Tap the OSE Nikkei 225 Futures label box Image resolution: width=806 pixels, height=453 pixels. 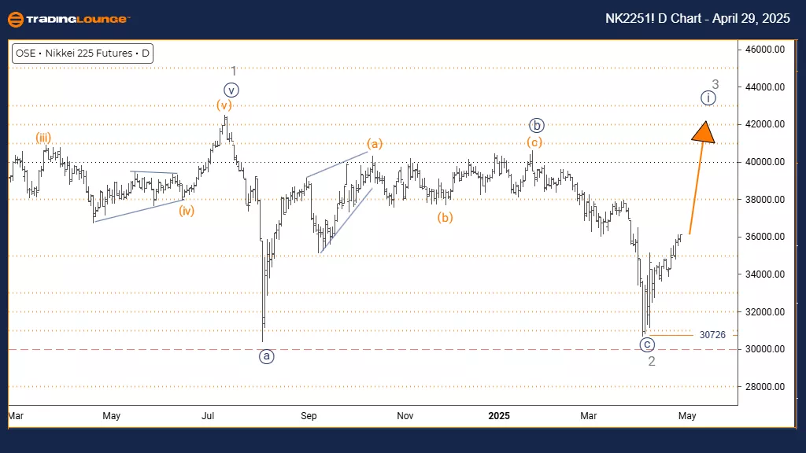[82, 54]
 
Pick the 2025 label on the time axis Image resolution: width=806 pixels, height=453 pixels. [501, 415]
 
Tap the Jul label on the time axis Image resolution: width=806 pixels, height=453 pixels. [209, 415]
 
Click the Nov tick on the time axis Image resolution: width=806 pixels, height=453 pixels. [405, 415]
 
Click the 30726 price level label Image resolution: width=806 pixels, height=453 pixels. [712, 335]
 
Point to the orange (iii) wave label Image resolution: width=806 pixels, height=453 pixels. [43, 138]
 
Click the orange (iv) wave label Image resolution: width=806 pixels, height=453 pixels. [186, 211]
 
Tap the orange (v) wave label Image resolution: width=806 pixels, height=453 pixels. [224, 105]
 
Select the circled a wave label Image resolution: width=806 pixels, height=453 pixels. [267, 356]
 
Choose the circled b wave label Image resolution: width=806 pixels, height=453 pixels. [536, 124]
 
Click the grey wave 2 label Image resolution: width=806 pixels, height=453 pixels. [652, 361]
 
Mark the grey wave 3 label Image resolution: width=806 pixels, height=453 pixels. [715, 84]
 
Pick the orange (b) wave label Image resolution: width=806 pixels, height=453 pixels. [446, 217]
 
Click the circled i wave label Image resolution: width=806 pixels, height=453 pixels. [708, 98]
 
